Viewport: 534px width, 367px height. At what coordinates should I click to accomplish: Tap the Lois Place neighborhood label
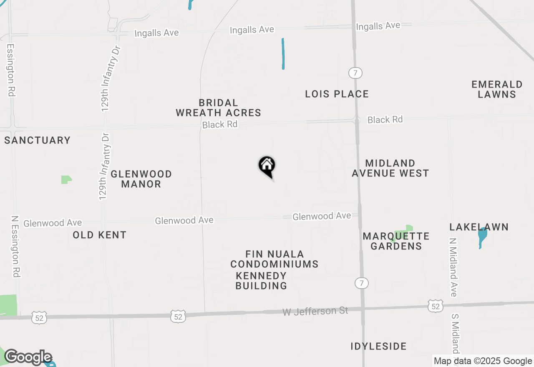337,94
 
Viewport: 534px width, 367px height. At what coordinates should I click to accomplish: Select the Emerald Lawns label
497,89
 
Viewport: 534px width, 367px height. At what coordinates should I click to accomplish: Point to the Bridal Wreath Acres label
218,108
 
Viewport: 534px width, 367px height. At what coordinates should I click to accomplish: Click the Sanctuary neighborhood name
38,140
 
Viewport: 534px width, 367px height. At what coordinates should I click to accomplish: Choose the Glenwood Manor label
141,179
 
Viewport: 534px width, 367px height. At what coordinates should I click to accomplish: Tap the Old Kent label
99,235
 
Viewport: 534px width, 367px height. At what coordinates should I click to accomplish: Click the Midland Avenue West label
390,168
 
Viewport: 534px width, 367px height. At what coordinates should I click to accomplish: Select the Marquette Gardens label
396,241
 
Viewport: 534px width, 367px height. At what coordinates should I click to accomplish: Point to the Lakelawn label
479,227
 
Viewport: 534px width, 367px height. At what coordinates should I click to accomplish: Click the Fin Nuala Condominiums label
275,259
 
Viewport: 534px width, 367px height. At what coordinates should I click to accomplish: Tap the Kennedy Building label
261,281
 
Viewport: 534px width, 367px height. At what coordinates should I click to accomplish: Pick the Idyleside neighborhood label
378,346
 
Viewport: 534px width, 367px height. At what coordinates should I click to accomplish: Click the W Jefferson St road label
315,311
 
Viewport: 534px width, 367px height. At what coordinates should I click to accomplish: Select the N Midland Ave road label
453,267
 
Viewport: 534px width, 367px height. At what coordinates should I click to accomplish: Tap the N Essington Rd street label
16,246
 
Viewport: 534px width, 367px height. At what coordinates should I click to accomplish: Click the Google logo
28,357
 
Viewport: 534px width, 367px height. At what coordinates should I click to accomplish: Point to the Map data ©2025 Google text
483,361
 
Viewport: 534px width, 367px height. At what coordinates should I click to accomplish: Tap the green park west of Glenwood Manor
66,180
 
